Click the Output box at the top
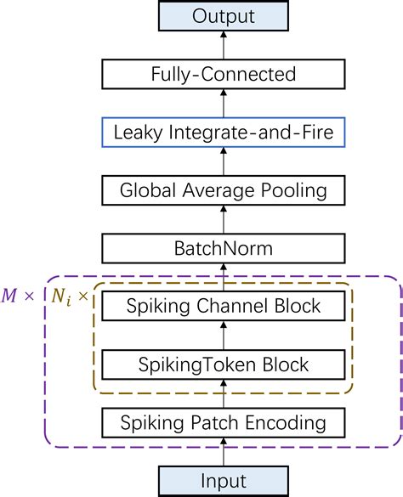[224, 16]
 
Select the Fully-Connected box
[224, 74]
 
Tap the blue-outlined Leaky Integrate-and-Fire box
[224, 132]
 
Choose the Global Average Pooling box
[224, 189]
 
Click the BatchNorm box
[224, 248]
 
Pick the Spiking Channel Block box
[224, 306]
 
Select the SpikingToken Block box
[224, 364]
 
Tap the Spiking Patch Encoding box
[224, 422]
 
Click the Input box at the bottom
[224, 481]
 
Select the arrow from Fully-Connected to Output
[224, 45]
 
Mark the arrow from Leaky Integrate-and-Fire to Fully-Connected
[224, 103]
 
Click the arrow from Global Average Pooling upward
[224, 161]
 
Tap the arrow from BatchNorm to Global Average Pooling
[224, 219]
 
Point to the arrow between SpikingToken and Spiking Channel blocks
[224, 335]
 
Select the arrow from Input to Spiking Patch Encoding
[224, 451]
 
